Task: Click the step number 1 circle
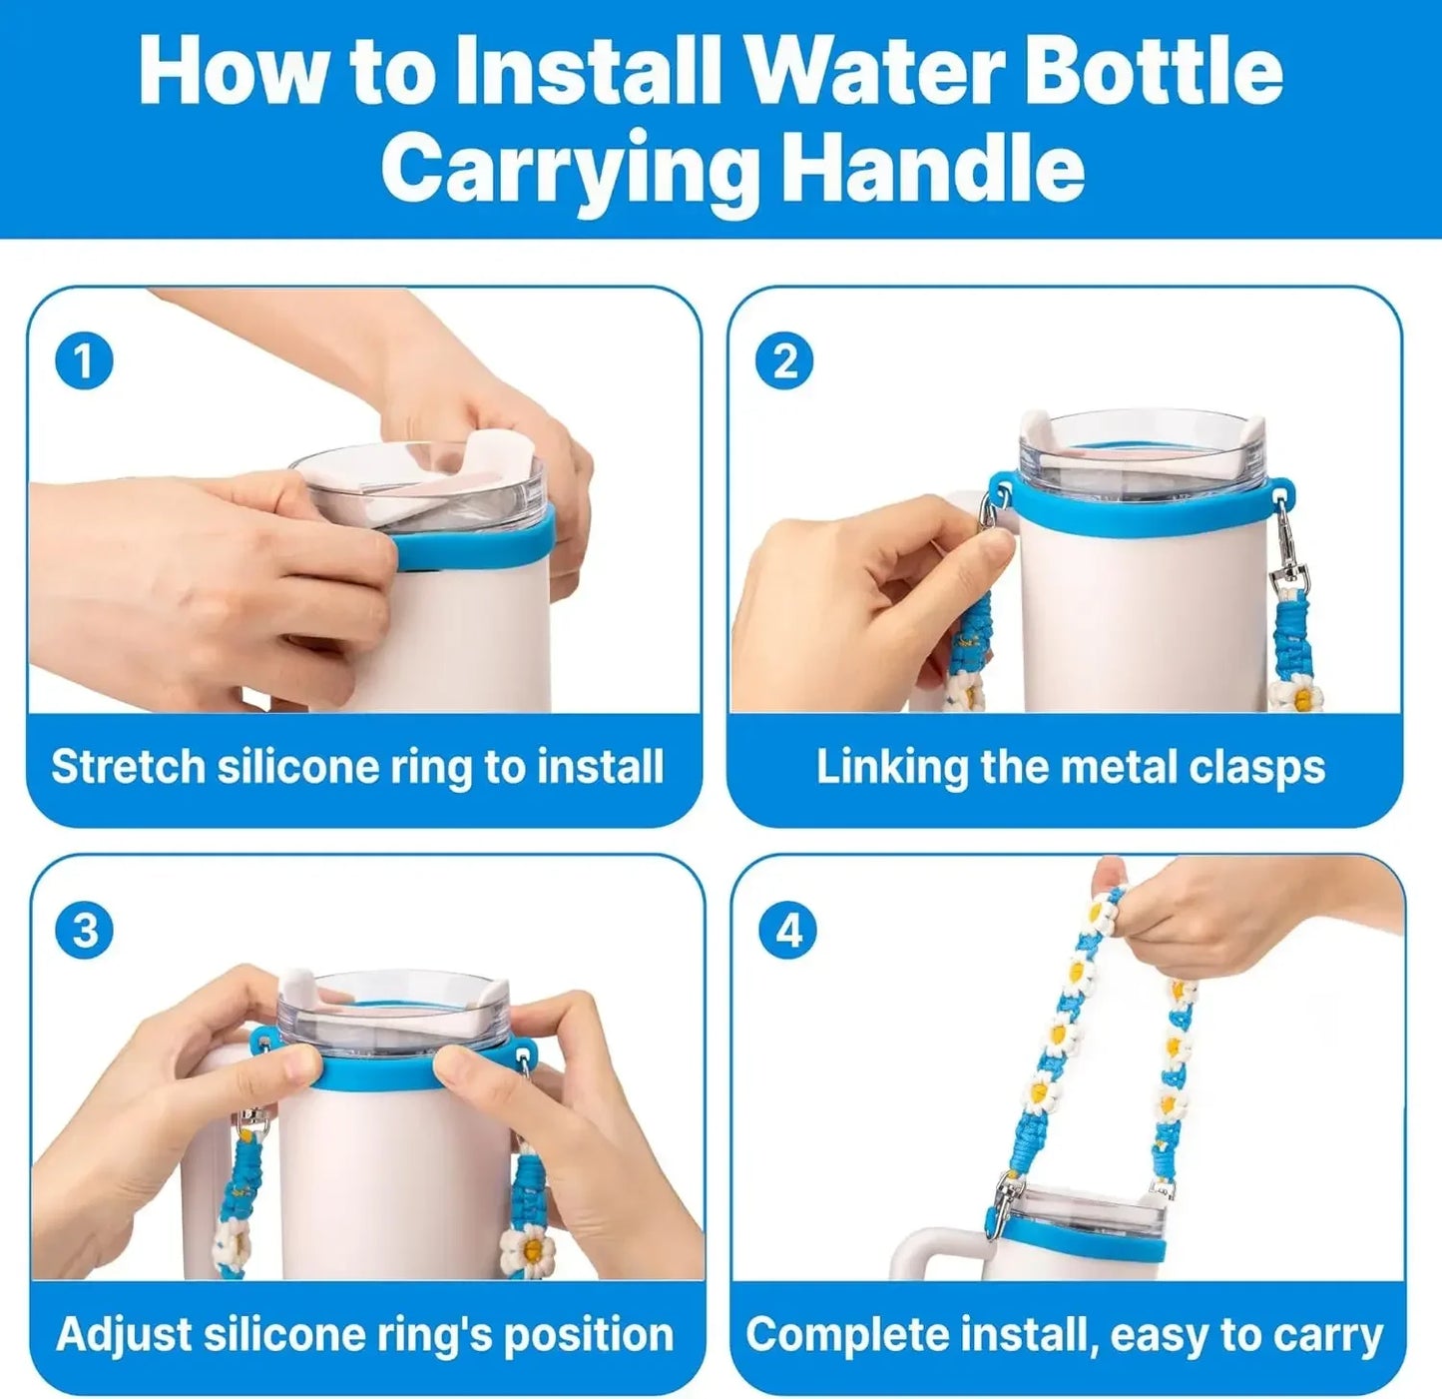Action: tap(84, 360)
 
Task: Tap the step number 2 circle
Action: tap(784, 360)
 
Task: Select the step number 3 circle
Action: tap(85, 930)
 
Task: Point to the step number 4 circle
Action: tap(788, 930)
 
